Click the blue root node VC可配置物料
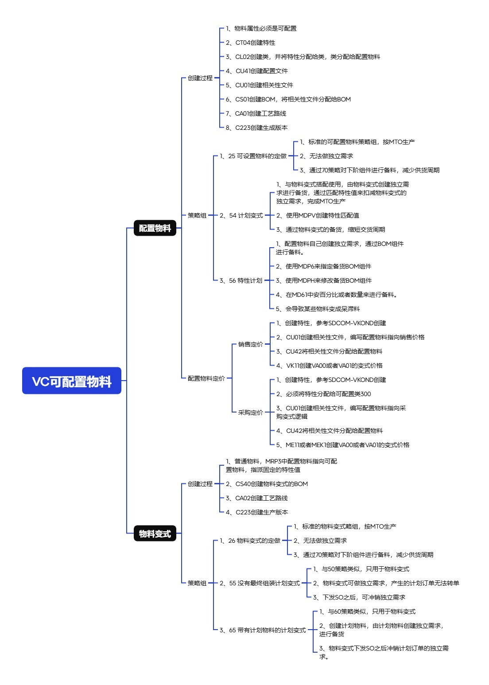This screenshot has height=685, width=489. [72, 381]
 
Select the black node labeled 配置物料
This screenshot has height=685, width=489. [155, 228]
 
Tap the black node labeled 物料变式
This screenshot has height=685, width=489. [155, 533]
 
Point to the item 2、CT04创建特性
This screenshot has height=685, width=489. [251, 43]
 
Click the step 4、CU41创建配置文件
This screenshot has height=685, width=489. [257, 71]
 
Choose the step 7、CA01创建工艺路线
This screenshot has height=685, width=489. [256, 113]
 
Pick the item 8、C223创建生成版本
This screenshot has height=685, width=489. [257, 128]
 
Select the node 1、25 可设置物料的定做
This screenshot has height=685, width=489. [253, 156]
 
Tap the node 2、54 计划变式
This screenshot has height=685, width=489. [241, 215]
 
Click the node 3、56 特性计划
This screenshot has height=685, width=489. [241, 280]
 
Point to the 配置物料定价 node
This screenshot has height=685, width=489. [206, 378]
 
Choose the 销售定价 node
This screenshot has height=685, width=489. [250, 344]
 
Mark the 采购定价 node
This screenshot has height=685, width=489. [250, 413]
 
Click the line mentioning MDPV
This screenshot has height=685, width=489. [318, 215]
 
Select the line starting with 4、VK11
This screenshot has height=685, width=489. [329, 366]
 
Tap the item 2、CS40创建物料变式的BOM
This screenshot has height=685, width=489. [267, 484]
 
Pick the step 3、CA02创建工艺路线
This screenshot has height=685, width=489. [257, 498]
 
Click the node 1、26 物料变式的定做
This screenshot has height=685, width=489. [250, 541]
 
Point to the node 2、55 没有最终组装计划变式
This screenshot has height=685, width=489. [260, 583]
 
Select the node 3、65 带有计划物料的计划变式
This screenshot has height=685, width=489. [263, 630]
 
